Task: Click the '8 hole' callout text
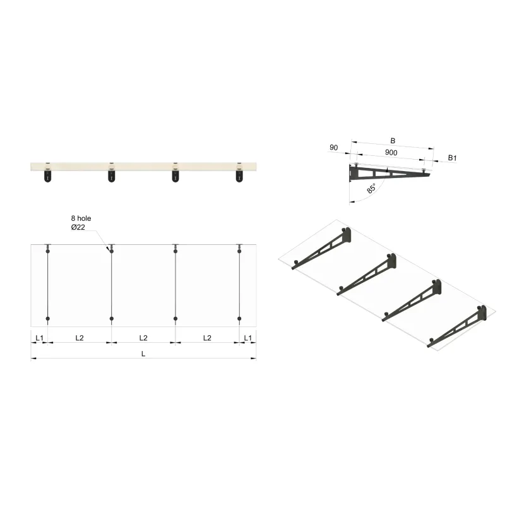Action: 81,218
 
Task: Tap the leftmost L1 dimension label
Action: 39,338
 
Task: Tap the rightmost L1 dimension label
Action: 247,338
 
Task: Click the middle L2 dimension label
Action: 143,338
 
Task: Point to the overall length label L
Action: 143,354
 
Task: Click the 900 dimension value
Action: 391,153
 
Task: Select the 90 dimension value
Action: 334,148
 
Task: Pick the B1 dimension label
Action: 452,157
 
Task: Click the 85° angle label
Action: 371,187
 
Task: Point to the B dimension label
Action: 393,140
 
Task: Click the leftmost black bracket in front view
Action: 47,176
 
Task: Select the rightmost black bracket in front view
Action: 240,176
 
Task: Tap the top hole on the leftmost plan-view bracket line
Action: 47,251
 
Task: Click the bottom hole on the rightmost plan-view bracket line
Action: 240,319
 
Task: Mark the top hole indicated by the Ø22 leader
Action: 112,251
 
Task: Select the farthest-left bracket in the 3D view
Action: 322,250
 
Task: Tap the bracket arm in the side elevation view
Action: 388,173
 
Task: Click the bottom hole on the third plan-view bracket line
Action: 175,319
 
